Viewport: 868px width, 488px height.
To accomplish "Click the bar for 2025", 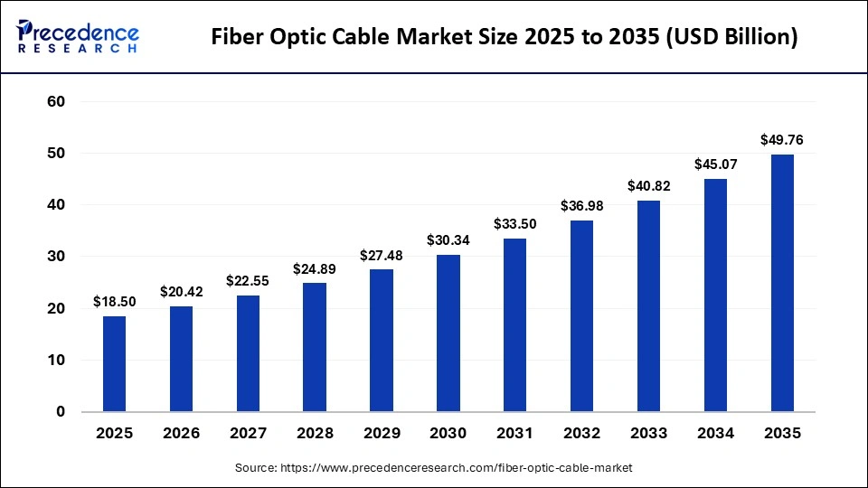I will (114, 363).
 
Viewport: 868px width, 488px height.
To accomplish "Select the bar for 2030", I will (448, 333).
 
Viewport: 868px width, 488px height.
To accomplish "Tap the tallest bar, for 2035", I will (781, 283).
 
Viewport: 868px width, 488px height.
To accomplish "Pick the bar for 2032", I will (581, 315).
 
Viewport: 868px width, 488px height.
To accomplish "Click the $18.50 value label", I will (114, 302).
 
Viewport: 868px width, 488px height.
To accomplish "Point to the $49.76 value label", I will (781, 140).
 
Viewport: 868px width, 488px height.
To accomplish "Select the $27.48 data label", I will (381, 256).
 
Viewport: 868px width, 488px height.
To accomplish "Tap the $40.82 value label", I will (648, 186).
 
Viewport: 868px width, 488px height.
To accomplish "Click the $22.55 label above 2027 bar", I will (248, 281).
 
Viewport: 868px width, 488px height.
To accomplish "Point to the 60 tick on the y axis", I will (56, 102).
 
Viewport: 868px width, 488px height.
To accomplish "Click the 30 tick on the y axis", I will (56, 257).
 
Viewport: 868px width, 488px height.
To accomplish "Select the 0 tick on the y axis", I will (61, 412).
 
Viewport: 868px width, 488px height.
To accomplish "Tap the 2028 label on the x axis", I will (315, 434).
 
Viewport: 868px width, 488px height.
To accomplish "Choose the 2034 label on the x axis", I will (715, 434).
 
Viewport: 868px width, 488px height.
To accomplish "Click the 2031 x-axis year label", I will (514, 434).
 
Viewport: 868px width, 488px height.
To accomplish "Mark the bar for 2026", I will (181, 359).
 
